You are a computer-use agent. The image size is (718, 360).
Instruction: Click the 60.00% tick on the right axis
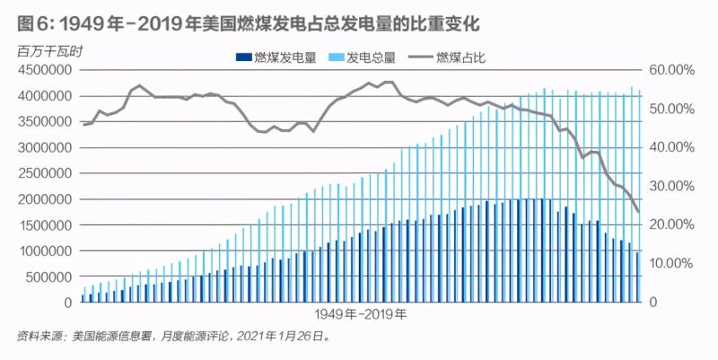(x=668, y=70)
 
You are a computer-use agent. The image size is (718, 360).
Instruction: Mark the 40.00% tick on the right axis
(x=668, y=147)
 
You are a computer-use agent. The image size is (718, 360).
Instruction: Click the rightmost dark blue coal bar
(x=638, y=277)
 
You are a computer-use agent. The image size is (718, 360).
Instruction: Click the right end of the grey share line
(x=637, y=212)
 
